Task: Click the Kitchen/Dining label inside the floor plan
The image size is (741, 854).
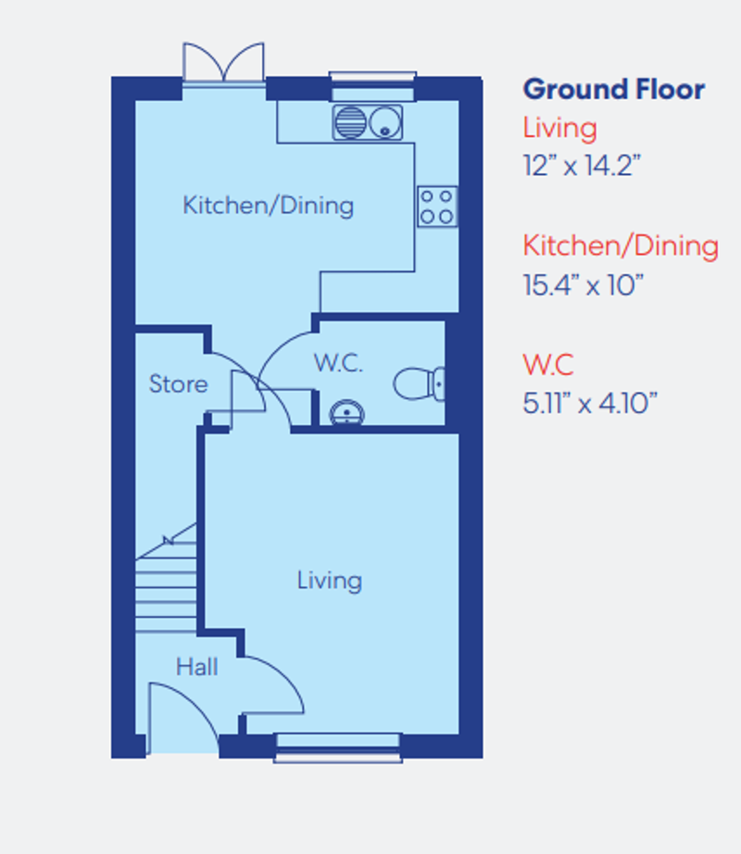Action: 268,205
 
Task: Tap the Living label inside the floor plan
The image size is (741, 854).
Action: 329,581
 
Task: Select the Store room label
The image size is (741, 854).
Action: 178,384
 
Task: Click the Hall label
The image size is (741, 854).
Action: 196,666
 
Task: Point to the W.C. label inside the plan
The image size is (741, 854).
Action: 337,363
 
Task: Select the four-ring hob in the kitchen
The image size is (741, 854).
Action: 437,207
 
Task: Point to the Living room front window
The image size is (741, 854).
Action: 338,747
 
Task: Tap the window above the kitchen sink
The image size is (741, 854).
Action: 370,84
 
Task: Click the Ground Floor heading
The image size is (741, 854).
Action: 613,90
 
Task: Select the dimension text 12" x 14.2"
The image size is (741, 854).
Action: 582,166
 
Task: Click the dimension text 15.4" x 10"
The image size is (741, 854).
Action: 583,284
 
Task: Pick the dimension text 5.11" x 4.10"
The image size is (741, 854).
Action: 590,403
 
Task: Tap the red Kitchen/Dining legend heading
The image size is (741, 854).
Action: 620,245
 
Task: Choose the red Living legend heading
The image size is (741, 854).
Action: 559,127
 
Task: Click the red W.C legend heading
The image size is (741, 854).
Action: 548,364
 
